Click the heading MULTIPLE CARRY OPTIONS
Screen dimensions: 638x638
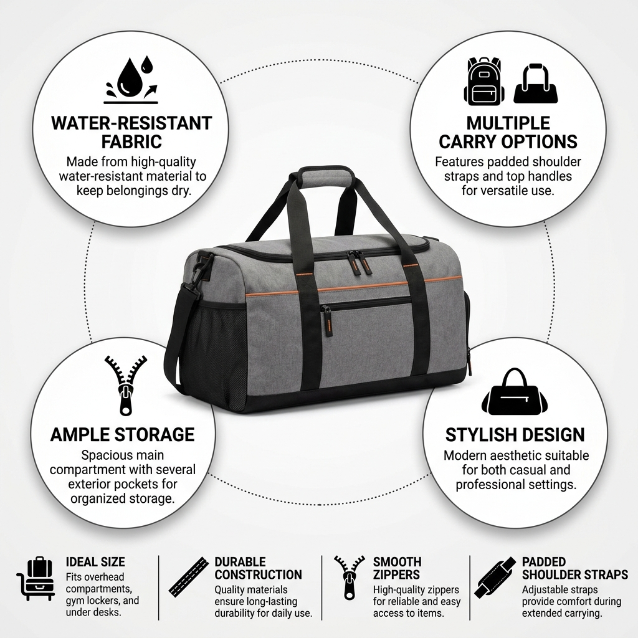tap(508, 132)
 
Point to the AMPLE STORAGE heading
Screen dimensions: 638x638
tap(123, 434)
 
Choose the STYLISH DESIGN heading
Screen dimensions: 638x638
tap(515, 434)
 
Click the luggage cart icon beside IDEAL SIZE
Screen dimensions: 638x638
tap(36, 578)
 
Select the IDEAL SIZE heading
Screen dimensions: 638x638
tap(95, 562)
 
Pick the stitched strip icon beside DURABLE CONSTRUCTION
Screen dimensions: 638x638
tap(189, 576)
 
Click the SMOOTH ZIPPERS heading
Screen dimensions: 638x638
tap(397, 568)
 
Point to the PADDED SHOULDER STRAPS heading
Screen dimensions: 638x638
tap(575, 568)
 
